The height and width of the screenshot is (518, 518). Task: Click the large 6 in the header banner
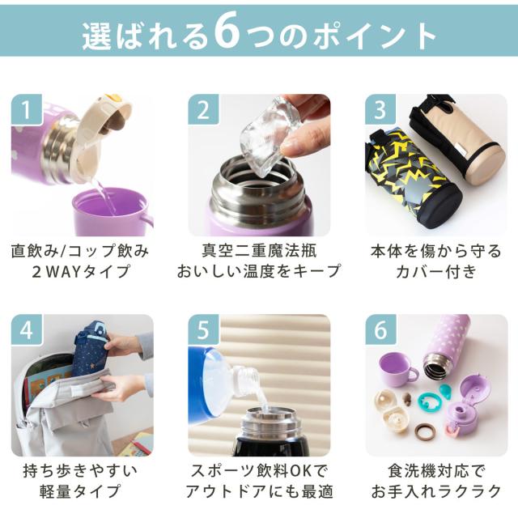pyautogui.click(x=227, y=31)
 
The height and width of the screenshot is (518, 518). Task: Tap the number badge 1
pyautogui.click(x=27, y=110)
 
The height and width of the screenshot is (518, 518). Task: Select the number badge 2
pyautogui.click(x=203, y=110)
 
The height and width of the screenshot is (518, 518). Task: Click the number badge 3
pyautogui.click(x=380, y=110)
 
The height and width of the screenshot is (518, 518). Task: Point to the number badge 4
pyautogui.click(x=27, y=329)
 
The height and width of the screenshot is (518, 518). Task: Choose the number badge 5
pyautogui.click(x=203, y=329)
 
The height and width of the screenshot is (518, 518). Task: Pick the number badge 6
pyautogui.click(x=380, y=329)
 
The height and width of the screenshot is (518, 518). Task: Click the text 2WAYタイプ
pyautogui.click(x=81, y=272)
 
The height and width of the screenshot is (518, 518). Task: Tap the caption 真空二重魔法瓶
pyautogui.click(x=259, y=251)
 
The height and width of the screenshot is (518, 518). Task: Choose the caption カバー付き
pyautogui.click(x=436, y=272)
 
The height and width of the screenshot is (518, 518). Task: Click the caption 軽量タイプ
pyautogui.click(x=79, y=491)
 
